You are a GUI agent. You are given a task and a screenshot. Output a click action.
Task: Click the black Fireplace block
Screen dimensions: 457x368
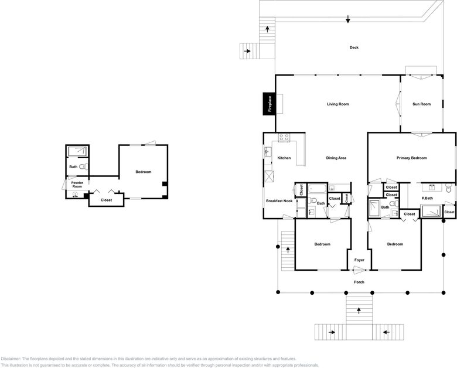pyautogui.click(x=269, y=104)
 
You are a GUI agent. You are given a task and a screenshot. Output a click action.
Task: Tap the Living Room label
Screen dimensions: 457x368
pyautogui.click(x=338, y=104)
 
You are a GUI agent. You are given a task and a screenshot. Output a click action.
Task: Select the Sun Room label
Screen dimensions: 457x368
pyautogui.click(x=421, y=104)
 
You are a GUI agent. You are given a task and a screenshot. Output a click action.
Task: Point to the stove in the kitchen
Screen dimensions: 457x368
pyautogui.click(x=284, y=138)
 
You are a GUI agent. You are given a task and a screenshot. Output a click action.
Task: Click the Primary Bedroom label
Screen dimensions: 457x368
pyautogui.click(x=411, y=158)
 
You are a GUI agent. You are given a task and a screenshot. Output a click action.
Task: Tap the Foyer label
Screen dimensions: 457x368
pyautogui.click(x=359, y=260)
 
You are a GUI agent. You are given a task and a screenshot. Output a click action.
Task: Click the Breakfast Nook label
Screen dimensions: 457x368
pyautogui.click(x=279, y=201)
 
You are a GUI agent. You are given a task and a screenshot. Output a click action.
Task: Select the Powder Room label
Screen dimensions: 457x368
pyautogui.click(x=77, y=185)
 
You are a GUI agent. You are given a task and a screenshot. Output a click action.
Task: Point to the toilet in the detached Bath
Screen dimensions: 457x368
pyautogui.click(x=83, y=166)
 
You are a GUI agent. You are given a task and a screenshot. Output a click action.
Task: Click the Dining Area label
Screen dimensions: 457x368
pyautogui.click(x=336, y=158)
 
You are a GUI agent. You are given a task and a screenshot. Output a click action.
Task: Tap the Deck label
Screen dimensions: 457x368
pyautogui.click(x=354, y=47)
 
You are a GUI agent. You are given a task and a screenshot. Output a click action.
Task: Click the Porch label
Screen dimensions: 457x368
pyautogui.click(x=359, y=282)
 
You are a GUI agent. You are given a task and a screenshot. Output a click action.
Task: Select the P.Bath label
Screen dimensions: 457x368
pyautogui.click(x=427, y=198)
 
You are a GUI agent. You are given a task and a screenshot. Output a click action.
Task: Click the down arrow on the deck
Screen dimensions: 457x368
pyautogui.click(x=347, y=19)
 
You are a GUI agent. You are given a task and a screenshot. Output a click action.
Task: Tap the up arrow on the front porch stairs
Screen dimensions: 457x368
pyautogui.click(x=359, y=311)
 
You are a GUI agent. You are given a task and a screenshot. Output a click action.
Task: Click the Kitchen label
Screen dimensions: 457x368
pyautogui.click(x=284, y=158)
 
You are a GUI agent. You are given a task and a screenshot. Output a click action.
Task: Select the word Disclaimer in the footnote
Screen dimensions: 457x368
pyautogui.click(x=11, y=359)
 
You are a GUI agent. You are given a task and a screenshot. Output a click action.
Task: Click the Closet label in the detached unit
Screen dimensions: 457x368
pyautogui.click(x=106, y=200)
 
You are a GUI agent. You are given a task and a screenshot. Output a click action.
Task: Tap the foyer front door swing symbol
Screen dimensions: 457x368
pyautogui.click(x=359, y=270)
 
